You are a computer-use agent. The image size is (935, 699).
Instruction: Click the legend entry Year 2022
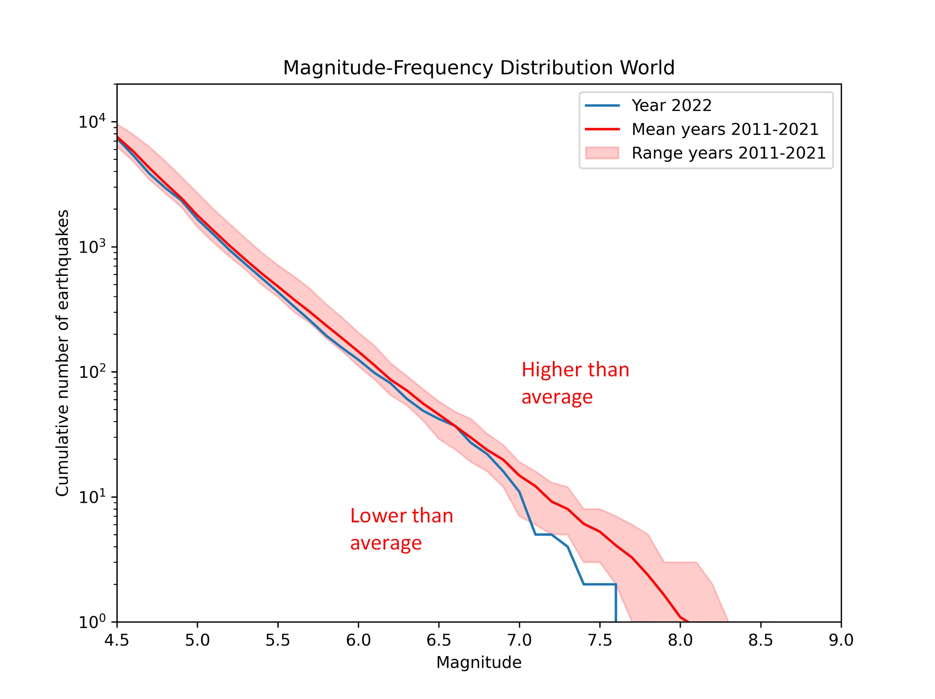point(671,105)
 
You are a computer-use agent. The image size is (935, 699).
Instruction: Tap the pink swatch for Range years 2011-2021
point(602,153)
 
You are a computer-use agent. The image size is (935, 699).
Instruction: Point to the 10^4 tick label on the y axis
point(92,122)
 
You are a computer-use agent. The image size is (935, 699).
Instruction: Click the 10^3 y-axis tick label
point(92,247)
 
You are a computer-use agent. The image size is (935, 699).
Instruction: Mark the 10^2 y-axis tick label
point(92,372)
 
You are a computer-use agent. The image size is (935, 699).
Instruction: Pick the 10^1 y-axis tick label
point(92,497)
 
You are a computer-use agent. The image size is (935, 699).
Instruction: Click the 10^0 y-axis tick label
point(92,622)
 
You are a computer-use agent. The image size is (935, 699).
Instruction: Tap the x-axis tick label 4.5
point(117,640)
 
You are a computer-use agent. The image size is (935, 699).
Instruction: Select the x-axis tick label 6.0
point(358,640)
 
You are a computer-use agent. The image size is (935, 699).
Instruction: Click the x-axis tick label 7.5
point(600,640)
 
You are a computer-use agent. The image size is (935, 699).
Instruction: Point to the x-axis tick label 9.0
point(841,640)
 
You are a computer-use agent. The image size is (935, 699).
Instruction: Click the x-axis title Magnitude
point(478,662)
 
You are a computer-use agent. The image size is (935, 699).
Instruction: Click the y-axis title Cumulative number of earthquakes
point(62,353)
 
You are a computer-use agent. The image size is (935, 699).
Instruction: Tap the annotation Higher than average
point(575,383)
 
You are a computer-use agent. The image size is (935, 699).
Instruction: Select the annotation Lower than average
point(402,529)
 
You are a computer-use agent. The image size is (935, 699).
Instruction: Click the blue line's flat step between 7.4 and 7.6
point(600,584)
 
